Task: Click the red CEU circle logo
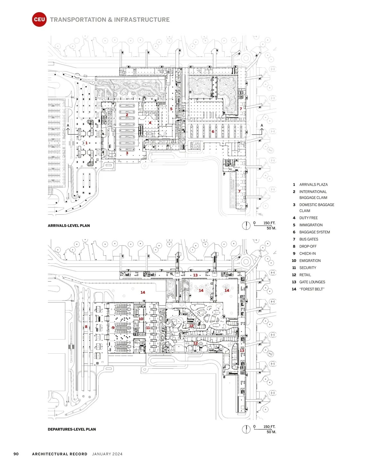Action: click(39, 19)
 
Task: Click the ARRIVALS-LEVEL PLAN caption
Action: click(69, 225)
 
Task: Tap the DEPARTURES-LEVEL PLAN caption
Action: click(72, 429)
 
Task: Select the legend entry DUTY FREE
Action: click(308, 218)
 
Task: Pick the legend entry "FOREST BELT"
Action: click(312, 289)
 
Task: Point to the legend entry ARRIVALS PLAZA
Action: click(313, 184)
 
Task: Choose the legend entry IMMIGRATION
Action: click(311, 225)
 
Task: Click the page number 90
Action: click(16, 454)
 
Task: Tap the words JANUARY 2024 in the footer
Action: click(107, 454)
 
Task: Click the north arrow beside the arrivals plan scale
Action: click(246, 225)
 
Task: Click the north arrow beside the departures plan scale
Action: click(246, 429)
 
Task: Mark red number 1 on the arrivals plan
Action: click(86, 143)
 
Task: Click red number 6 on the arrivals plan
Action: click(213, 131)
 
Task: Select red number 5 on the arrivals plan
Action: click(171, 109)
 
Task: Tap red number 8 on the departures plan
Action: click(86, 327)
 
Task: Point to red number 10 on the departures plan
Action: click(141, 319)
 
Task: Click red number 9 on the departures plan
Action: click(113, 327)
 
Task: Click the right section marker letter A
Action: click(262, 125)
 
